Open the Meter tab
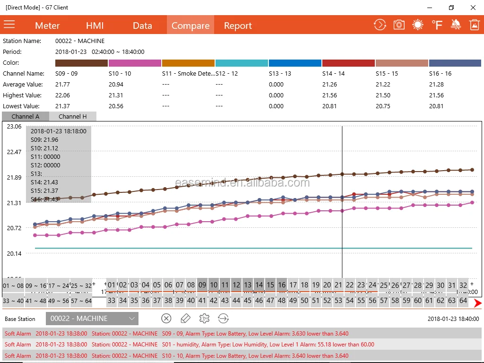tap(47, 26)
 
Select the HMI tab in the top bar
tap(95, 26)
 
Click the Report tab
tap(238, 26)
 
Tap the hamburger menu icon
tap(9, 25)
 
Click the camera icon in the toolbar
tap(399, 25)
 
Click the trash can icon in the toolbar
tap(474, 25)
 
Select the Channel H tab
tap(73, 116)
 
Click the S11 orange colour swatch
tap(188, 63)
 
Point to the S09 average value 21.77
tap(62, 85)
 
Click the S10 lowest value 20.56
tap(116, 106)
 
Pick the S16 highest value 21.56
tap(436, 95)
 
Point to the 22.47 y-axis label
tap(14, 152)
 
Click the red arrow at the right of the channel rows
tap(477, 303)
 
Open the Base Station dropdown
tap(92, 319)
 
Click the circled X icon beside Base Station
tap(166, 319)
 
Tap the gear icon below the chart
tap(204, 319)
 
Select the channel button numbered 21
tap(338, 285)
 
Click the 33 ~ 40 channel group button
tap(13, 301)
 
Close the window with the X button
tap(473, 8)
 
